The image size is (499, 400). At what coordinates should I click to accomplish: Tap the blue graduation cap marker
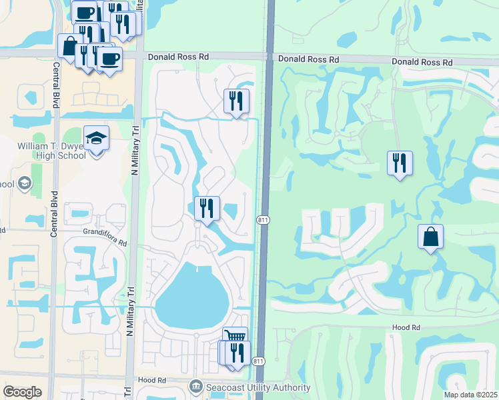point(97,139)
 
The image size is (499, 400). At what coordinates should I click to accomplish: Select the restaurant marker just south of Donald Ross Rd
point(236,101)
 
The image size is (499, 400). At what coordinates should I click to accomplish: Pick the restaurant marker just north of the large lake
point(207,209)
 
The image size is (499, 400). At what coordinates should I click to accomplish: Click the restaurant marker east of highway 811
point(399,163)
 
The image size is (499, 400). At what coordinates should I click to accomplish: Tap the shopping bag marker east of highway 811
point(431,237)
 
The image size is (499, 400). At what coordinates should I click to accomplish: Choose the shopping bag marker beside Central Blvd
point(69,46)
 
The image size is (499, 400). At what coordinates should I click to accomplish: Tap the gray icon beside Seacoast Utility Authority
point(195,386)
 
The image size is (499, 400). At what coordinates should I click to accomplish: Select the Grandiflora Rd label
point(105,233)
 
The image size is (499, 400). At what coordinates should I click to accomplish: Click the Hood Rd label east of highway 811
point(406,328)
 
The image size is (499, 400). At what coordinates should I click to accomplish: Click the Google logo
point(22,392)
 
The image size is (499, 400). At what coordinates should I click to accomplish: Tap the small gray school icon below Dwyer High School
point(25,183)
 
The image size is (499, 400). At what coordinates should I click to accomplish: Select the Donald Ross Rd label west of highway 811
point(173,57)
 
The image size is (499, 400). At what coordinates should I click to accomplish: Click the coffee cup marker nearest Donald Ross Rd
point(111,59)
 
